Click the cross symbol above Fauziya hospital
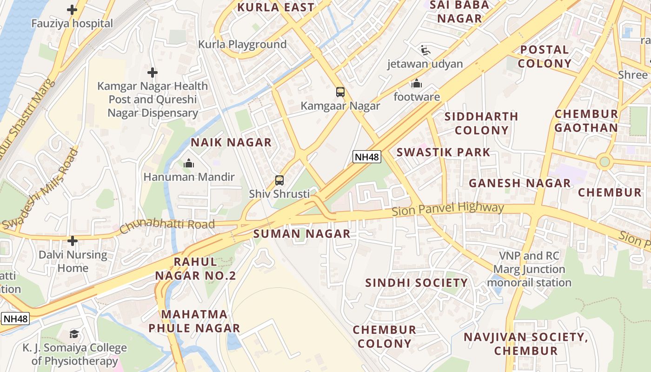point(72,9)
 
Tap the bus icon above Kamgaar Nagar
point(340,92)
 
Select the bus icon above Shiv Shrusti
point(279,180)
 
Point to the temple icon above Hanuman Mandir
point(189,163)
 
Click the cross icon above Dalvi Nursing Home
point(73,241)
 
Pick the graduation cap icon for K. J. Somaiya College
point(74,334)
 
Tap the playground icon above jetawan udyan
point(425,50)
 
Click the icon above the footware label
point(417,84)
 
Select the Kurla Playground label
point(242,44)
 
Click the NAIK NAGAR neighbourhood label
point(231,142)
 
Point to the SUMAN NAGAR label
point(302,233)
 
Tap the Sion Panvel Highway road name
point(448,209)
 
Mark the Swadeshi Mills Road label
point(40,188)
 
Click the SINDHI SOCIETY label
point(416,283)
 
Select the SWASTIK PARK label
point(443,152)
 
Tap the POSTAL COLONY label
point(545,56)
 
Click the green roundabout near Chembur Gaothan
point(604,162)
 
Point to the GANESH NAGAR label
point(519,183)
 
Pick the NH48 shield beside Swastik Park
point(366,157)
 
